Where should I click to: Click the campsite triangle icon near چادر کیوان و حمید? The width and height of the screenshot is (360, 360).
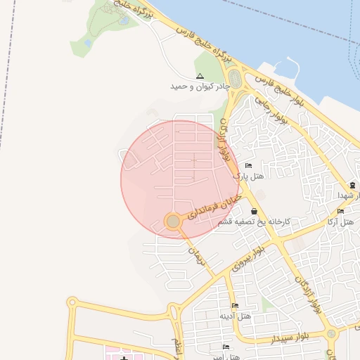click(200, 75)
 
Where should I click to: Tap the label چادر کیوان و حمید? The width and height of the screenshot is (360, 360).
click(200, 86)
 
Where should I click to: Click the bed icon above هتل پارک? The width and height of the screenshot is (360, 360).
click(248, 166)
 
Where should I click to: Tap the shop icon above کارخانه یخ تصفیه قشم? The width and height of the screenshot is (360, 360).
click(253, 211)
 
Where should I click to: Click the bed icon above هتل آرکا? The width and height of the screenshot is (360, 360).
click(340, 212)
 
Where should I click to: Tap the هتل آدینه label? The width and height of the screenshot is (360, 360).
click(235, 316)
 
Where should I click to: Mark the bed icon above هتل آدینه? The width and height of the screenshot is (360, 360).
click(235, 306)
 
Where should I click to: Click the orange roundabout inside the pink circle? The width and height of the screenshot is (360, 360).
click(173, 222)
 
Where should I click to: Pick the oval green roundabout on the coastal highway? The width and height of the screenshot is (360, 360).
click(235, 80)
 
